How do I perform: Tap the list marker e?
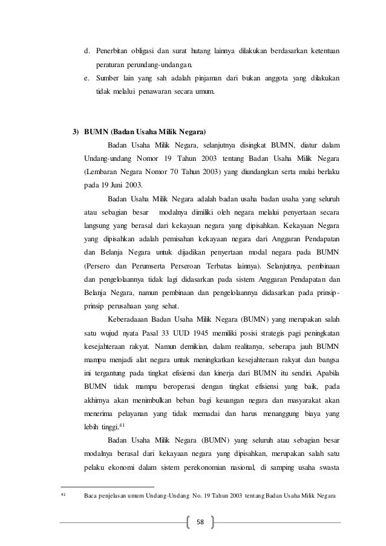pyautogui.click(x=87, y=79)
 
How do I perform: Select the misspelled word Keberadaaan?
pyautogui.click(x=129, y=319)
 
